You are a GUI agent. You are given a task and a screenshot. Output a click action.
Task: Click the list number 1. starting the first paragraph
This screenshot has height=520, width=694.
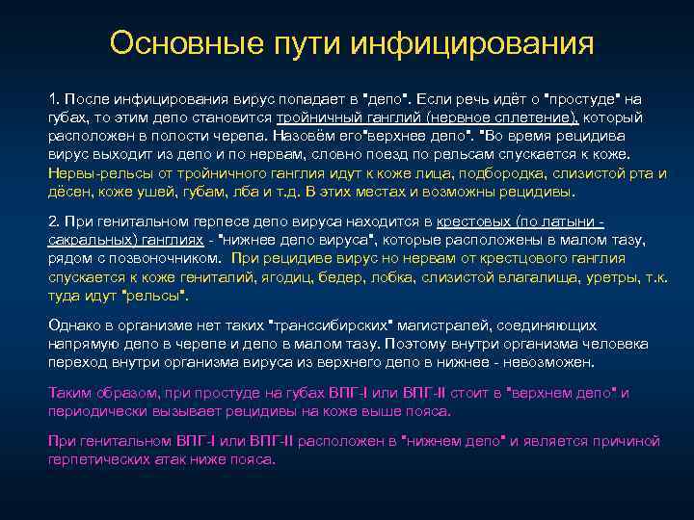56,99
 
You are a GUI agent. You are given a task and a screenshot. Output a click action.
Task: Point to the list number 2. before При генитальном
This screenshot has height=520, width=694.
56,221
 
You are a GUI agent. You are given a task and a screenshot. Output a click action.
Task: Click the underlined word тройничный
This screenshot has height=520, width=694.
316,117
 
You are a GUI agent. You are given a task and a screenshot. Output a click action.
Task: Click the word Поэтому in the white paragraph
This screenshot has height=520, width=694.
415,344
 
